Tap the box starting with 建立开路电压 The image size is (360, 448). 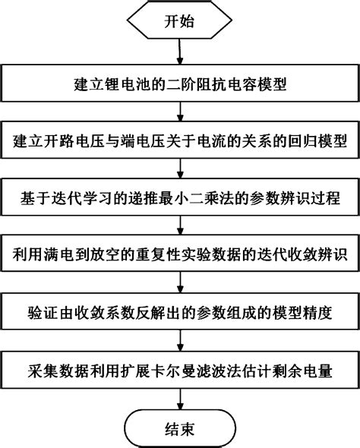click(x=179, y=142)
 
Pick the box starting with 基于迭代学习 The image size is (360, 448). click(x=179, y=199)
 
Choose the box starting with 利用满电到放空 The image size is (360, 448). click(x=179, y=255)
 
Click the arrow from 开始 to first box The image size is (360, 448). click(x=179, y=53)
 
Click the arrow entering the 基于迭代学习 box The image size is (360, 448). click(x=179, y=171)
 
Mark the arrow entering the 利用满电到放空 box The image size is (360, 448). click(x=179, y=227)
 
